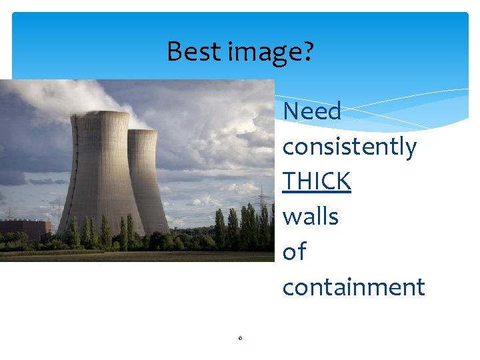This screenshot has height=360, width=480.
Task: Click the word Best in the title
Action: tap(188, 51)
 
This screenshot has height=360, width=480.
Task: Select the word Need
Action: tap(311, 111)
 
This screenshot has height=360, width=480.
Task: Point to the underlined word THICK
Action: tap(317, 181)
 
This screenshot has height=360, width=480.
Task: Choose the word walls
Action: tap(310, 217)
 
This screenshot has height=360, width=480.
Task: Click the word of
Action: tap(294, 252)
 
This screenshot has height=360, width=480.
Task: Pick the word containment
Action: tap(353, 287)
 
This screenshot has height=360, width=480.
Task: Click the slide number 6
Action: tap(240, 338)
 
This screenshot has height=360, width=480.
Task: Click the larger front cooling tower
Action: tap(100, 180)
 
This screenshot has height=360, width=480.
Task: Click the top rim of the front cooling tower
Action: tap(100, 114)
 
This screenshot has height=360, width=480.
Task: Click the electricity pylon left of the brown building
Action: tap(10, 213)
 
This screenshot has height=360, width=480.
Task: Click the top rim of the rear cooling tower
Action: tap(143, 131)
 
